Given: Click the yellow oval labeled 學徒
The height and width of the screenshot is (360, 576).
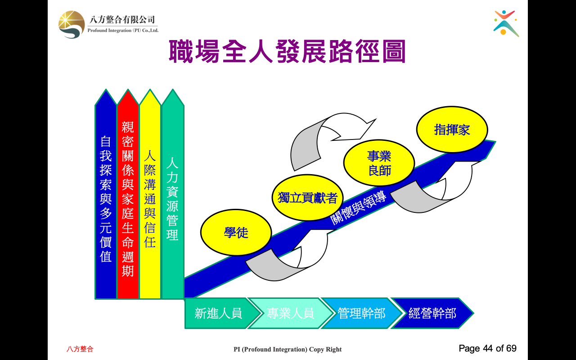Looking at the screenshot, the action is (x=236, y=233).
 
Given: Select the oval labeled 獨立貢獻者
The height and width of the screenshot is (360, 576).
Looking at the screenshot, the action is (x=307, y=198).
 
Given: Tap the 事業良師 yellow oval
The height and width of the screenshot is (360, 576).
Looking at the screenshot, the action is (x=379, y=163).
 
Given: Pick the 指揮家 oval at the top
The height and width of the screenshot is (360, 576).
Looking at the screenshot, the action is (x=452, y=130).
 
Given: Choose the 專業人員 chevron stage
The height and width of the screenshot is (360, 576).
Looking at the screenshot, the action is (x=291, y=313).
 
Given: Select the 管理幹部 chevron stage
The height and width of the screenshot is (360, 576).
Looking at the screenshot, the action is (x=361, y=313).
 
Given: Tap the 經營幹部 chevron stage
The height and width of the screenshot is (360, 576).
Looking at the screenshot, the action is (x=432, y=313).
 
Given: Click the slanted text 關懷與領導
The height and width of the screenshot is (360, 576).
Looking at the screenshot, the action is (x=358, y=208).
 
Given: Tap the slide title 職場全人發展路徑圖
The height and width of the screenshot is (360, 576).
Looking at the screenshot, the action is (x=287, y=51).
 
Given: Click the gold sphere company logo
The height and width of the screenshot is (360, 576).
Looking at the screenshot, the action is (x=72, y=25).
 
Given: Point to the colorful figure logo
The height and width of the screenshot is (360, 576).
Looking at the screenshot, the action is (x=506, y=23).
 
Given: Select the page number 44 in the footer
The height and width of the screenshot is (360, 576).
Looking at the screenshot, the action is (x=488, y=348).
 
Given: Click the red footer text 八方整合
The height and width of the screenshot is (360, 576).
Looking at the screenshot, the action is (x=80, y=349).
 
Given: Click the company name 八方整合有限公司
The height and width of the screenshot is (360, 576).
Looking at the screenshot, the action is (x=122, y=19).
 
